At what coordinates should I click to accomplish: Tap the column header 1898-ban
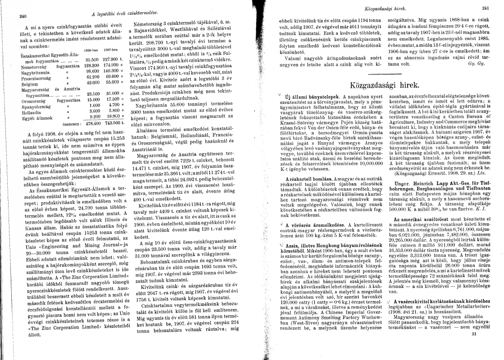(91, 50)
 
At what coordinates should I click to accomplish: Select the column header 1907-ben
(110, 50)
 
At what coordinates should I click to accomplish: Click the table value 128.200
(92, 65)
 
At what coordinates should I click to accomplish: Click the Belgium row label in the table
(30, 84)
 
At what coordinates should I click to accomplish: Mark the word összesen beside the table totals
(72, 123)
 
